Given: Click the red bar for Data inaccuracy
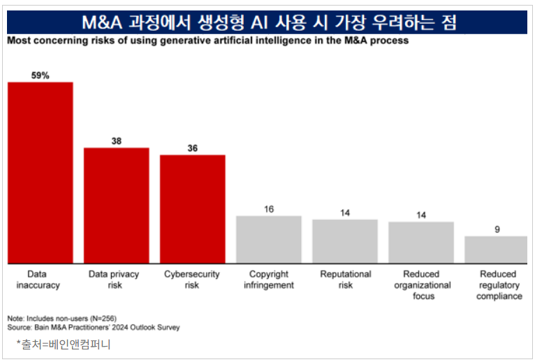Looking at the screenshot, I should coord(41,172).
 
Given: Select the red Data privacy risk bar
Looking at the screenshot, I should coord(117,205).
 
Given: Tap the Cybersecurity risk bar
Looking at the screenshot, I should coord(193,209).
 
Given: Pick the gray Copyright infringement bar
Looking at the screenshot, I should coord(269,239).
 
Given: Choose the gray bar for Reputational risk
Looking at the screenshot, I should coord(345,241).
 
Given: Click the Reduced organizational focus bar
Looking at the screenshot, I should coord(421,241).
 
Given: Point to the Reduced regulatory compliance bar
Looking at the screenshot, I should coord(497,249).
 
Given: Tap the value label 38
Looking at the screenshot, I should coord(117,141).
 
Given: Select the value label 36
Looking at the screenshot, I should coord(193,148).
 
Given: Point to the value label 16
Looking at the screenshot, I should coord(269,209).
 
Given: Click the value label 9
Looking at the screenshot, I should coord(497,229).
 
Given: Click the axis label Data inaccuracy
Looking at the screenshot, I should coord(38,279).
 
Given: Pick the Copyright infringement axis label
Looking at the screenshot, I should coord(269,279).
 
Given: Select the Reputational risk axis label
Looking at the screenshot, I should coord(345,279).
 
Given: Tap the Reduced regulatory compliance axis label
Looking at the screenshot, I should coord(499,285).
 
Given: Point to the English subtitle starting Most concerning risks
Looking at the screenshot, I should coord(207,40).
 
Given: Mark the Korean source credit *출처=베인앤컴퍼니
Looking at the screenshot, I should coord(64,344).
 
